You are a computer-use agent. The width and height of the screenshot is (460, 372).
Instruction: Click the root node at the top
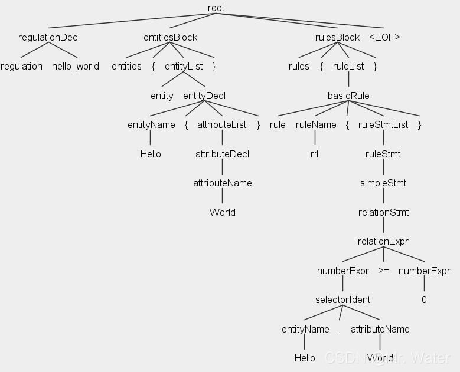click(216, 8)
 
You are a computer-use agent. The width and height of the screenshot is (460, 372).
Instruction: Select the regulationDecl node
click(49, 37)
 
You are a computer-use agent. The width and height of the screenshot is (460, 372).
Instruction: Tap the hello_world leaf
click(76, 66)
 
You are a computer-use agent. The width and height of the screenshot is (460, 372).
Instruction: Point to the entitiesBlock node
click(171, 37)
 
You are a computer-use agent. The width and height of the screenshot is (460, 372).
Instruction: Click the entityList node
click(184, 66)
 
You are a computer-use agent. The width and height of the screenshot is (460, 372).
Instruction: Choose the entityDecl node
click(204, 96)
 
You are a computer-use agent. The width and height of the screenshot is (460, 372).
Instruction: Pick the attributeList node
click(222, 124)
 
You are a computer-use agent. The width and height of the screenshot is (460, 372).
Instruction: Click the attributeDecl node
click(223, 154)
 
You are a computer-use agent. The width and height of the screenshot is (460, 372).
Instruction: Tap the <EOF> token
click(384, 37)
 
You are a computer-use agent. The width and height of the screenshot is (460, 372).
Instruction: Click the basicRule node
click(348, 96)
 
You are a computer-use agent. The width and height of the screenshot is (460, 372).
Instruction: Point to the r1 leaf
click(315, 154)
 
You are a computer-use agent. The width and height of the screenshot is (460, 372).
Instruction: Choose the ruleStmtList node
click(383, 124)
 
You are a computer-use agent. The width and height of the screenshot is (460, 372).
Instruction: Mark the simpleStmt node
click(383, 183)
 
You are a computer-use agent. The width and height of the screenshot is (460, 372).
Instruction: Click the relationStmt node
click(383, 212)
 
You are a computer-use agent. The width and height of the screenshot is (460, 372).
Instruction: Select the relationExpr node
click(383, 241)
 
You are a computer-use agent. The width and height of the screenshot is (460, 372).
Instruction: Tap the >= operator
click(384, 271)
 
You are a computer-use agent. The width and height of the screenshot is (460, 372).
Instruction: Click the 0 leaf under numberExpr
click(424, 299)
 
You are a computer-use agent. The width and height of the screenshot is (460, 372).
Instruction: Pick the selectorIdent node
click(342, 299)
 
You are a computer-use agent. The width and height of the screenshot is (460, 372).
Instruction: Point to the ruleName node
click(316, 124)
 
